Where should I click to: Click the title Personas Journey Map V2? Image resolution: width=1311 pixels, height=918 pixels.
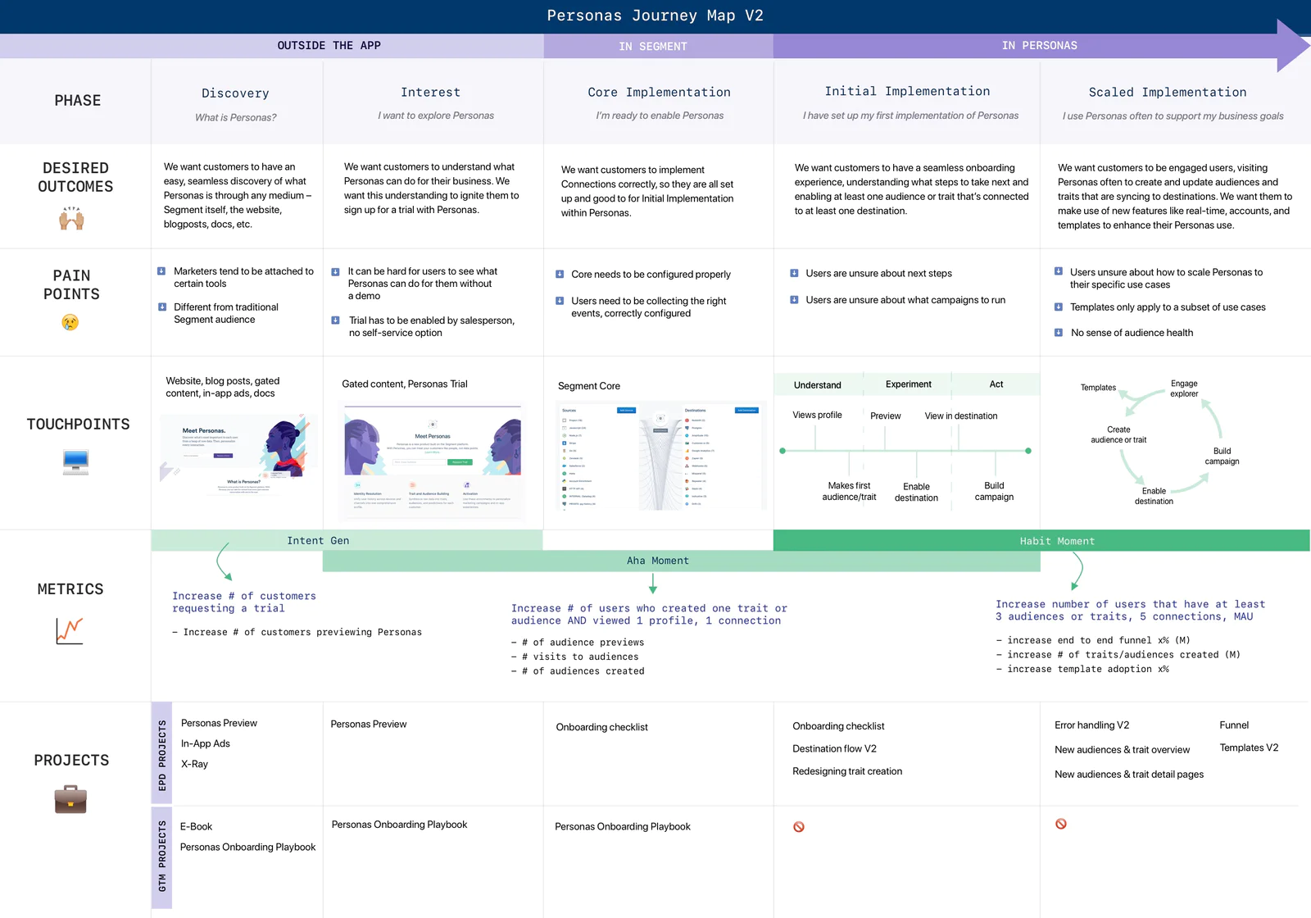[x=655, y=16]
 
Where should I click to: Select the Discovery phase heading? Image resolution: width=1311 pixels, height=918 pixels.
[x=235, y=93]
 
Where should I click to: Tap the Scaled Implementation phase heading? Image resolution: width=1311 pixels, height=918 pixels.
[x=1167, y=93]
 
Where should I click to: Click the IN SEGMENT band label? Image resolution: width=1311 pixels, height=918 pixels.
[x=652, y=47]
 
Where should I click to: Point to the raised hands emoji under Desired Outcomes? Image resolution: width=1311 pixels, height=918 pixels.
[x=71, y=218]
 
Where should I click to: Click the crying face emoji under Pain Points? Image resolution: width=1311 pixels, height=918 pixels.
[x=70, y=322]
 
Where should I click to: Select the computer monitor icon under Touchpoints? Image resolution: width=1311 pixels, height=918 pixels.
[x=75, y=462]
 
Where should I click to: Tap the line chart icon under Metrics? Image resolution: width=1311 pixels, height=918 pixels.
[x=70, y=630]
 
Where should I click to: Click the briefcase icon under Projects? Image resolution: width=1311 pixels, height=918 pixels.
[x=70, y=799]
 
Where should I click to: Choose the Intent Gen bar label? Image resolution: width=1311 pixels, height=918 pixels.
[x=318, y=541]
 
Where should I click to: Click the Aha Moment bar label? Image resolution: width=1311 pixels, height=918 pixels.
[x=657, y=561]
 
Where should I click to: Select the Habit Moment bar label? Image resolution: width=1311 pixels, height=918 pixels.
[x=1056, y=541]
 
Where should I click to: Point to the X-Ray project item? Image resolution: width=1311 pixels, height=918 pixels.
[x=194, y=764]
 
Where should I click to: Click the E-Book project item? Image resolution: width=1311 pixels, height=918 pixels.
[x=196, y=826]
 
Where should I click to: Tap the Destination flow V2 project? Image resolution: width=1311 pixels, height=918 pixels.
[x=834, y=748]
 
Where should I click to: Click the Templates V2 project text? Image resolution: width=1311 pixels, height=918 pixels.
[x=1248, y=748]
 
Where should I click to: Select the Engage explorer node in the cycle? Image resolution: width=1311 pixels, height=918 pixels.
[x=1183, y=389]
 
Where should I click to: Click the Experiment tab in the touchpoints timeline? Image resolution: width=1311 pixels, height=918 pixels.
[x=908, y=384]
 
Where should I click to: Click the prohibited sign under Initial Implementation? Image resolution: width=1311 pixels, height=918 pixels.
[x=798, y=827]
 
